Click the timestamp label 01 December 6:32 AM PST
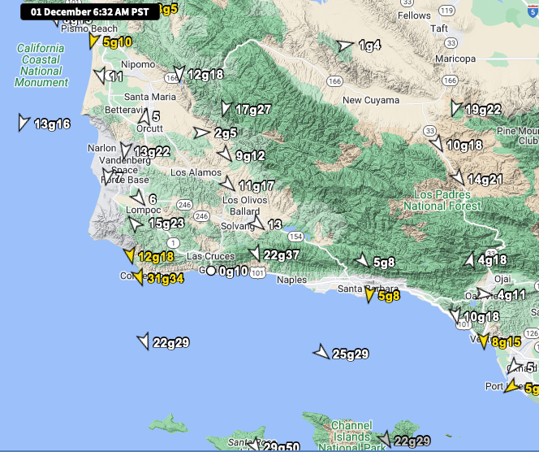(x=89, y=12)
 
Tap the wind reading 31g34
(x=165, y=278)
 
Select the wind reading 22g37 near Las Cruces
(x=281, y=254)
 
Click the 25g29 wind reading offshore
(x=351, y=354)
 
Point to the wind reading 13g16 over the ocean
(x=52, y=124)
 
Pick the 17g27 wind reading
(x=252, y=109)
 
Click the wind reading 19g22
(x=483, y=110)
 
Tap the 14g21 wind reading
(x=485, y=179)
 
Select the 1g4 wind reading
(x=369, y=46)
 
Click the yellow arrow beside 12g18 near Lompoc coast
(x=128, y=256)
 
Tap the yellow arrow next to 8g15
(x=484, y=341)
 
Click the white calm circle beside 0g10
(x=211, y=271)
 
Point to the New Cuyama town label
(x=370, y=100)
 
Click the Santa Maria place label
(x=149, y=97)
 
